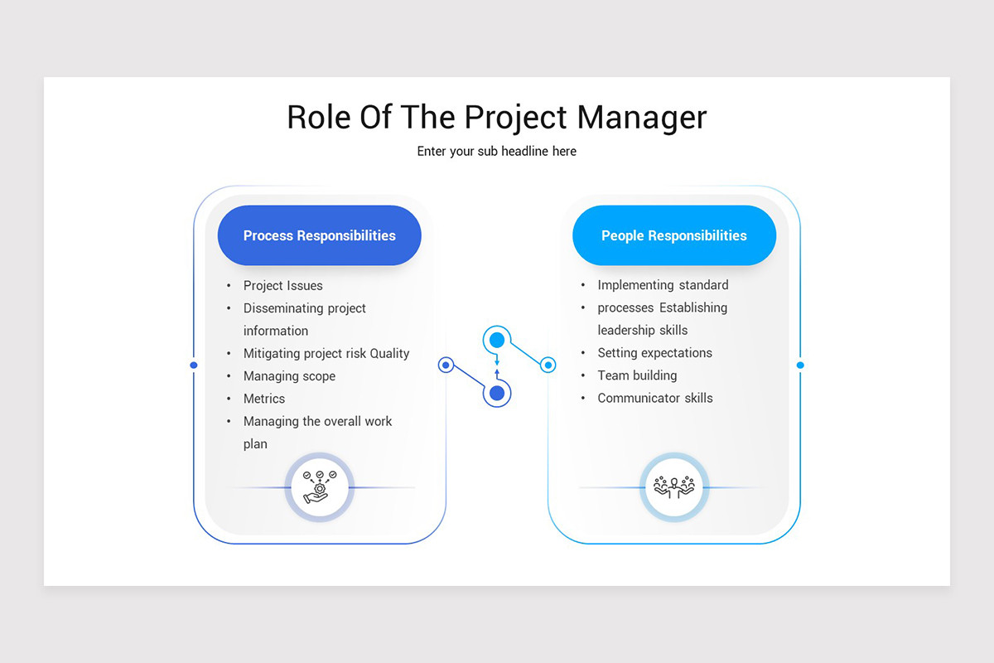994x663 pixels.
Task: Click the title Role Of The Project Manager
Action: pos(496,117)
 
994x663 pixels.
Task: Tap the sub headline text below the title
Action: pos(496,152)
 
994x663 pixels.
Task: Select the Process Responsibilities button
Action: pos(319,235)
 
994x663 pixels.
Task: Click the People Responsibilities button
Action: pos(673,235)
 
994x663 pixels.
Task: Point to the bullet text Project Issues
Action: pos(282,286)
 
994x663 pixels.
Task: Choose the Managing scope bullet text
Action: pos(289,376)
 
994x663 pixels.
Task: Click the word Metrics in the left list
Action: pos(264,399)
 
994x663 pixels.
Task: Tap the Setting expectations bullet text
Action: pos(654,353)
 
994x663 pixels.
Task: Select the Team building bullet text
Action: pos(637,375)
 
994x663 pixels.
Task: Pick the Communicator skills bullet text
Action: pos(654,398)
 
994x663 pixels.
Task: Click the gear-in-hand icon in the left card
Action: pos(319,487)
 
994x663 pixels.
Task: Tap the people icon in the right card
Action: pos(673,487)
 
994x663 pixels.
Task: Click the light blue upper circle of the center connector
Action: pos(497,340)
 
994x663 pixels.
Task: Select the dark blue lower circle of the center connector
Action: pos(497,393)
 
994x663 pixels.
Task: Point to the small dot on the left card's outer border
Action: pos(194,365)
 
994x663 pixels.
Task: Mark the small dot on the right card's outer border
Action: pos(800,365)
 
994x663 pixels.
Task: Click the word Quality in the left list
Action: pos(389,354)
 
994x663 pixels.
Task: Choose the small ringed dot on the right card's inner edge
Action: pos(548,365)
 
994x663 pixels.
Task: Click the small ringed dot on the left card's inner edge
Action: pos(446,365)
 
